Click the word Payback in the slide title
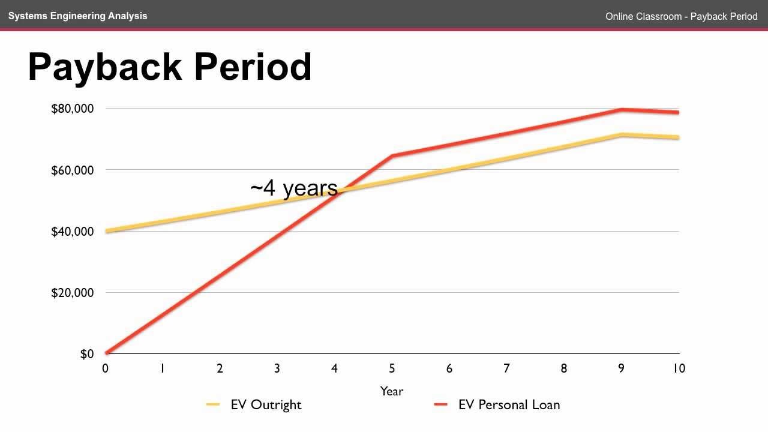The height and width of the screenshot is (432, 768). pyautogui.click(x=104, y=67)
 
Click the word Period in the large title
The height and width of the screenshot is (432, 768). pyautogui.click(x=253, y=67)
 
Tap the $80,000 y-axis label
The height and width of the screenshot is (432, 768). pyautogui.click(x=73, y=109)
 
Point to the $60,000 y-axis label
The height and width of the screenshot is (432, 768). pyautogui.click(x=73, y=170)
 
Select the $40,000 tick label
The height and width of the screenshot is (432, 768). pyautogui.click(x=73, y=232)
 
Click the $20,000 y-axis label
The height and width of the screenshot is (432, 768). pyautogui.click(x=73, y=293)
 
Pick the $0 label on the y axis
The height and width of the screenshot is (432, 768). pyautogui.click(x=87, y=354)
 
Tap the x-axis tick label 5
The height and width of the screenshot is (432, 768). pyautogui.click(x=392, y=368)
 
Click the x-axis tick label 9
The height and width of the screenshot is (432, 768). pyautogui.click(x=621, y=368)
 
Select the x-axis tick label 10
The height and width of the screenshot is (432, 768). pyautogui.click(x=678, y=368)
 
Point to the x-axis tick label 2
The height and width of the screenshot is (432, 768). pyautogui.click(x=220, y=368)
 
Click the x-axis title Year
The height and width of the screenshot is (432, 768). pyautogui.click(x=392, y=391)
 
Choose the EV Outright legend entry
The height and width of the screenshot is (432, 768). pyautogui.click(x=266, y=405)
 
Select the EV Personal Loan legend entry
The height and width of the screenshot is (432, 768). pyautogui.click(x=509, y=405)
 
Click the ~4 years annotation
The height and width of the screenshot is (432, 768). pyautogui.click(x=294, y=188)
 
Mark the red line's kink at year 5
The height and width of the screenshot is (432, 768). pyautogui.click(x=392, y=156)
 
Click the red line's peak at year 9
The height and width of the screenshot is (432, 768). pyautogui.click(x=622, y=109)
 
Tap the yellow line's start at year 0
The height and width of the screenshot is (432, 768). pyautogui.click(x=106, y=231)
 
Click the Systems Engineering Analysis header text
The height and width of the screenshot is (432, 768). pyautogui.click(x=77, y=16)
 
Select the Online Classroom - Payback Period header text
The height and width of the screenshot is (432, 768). pyautogui.click(x=681, y=17)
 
